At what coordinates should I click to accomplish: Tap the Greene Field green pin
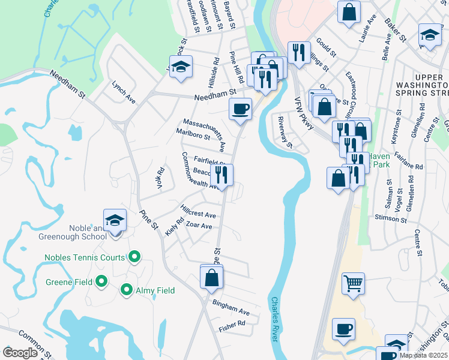101,281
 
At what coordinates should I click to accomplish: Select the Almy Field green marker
127,290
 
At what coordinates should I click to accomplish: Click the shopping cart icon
353,283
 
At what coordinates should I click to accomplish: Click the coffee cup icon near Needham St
240,109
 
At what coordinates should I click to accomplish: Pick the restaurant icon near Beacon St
222,175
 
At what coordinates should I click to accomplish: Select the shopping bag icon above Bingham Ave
211,277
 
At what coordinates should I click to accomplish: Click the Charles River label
276,320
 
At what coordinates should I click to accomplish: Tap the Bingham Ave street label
231,308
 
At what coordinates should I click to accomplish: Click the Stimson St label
390,217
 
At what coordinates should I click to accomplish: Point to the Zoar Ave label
199,226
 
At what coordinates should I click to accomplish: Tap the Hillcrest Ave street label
197,211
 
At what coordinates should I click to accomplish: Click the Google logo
20,353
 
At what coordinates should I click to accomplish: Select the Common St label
32,341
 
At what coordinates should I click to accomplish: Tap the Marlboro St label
193,134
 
